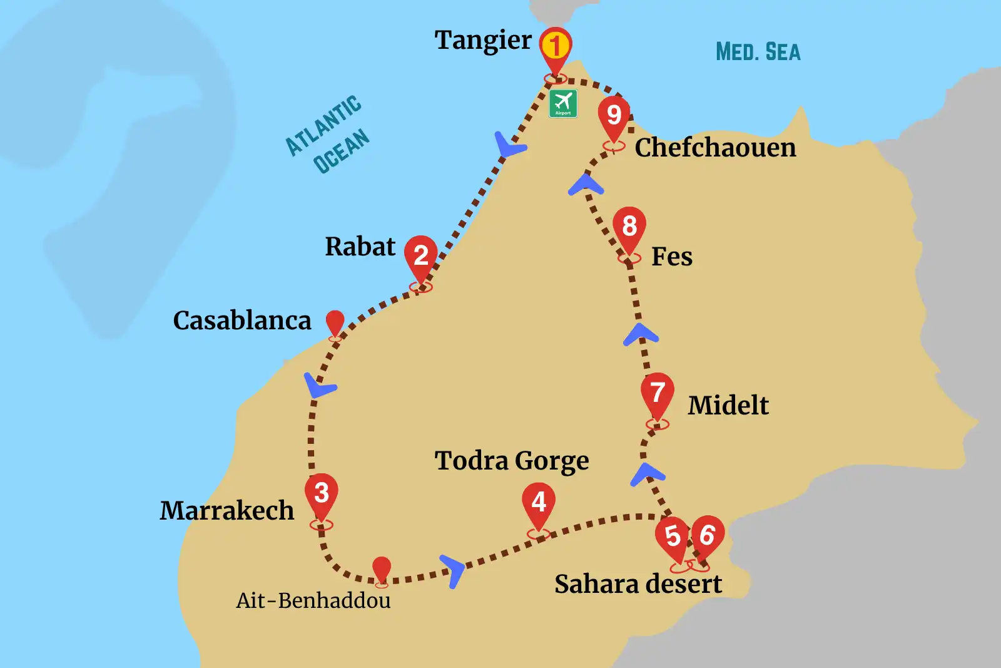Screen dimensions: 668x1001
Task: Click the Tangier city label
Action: point(483,41)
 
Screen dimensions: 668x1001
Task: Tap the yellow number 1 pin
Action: point(555,47)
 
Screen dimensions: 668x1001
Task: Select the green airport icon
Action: point(563,103)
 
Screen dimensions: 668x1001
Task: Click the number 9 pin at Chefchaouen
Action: point(614,116)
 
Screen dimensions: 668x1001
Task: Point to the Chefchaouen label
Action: point(715,148)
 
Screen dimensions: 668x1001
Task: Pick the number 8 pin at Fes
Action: point(629,227)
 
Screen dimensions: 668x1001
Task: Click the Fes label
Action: point(672,257)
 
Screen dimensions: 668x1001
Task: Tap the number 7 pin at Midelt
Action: point(657,394)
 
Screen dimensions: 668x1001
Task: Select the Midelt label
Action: point(728,406)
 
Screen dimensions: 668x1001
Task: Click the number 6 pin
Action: point(708,535)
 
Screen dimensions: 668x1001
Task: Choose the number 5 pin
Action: point(673,537)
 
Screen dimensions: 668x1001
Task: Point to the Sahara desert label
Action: point(638,584)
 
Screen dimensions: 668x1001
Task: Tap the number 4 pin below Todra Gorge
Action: point(539,503)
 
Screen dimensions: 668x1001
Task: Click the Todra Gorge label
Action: point(512,461)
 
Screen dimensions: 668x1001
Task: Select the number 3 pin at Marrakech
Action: point(322,493)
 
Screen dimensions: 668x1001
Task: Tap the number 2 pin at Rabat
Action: point(420,255)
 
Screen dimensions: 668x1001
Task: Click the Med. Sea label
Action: point(758,52)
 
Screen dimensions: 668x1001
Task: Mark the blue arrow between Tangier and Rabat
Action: point(509,145)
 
